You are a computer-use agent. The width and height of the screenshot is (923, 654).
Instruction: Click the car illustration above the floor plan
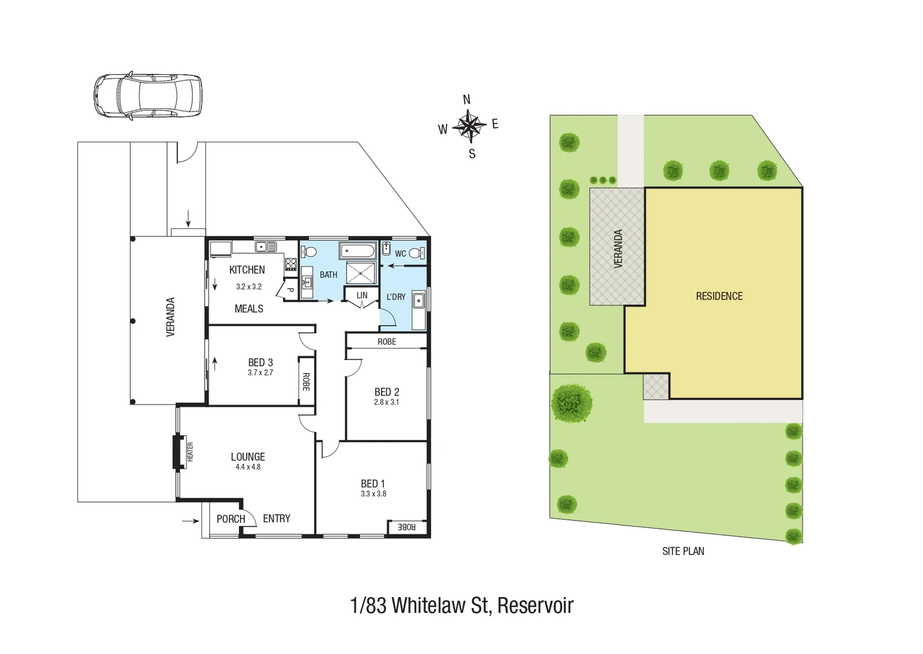pos(148,96)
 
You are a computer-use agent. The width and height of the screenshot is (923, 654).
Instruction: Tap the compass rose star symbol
pos(469,126)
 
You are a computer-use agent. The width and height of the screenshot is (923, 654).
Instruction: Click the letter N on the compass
pos(466,100)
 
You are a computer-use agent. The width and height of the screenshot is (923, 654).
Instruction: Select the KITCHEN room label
pos(247,269)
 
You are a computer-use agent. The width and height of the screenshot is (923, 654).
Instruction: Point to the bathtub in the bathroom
pos(357,251)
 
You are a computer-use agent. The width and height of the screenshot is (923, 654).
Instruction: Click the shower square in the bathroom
pos(361,273)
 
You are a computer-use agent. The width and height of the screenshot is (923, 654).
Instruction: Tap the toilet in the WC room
pos(416,253)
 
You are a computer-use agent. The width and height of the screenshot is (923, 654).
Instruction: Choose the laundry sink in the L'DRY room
pos(418,301)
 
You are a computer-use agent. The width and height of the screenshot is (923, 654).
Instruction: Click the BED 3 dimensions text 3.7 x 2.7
pos(260,372)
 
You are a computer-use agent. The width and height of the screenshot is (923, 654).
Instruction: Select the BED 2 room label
pos(386,392)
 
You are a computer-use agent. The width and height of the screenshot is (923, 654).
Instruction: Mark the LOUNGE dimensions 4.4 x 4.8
pos(248,467)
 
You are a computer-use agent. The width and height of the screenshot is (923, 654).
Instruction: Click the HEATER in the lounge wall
pos(180,452)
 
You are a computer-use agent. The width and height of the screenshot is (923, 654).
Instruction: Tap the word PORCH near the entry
pos(231,519)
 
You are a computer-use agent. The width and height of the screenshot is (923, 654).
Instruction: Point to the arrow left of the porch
pos(191,521)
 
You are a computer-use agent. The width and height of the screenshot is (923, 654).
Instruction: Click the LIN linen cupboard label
pos(362,296)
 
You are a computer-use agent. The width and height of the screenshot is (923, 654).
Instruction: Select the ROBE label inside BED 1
pos(406,527)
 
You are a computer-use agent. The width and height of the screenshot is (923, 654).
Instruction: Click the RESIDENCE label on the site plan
pos(719,296)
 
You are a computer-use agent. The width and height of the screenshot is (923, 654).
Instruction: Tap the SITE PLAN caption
pos(683,551)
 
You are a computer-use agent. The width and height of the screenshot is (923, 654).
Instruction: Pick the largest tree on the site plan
pos(572,403)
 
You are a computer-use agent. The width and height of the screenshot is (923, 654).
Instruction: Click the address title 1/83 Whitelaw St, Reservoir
pos(461,605)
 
